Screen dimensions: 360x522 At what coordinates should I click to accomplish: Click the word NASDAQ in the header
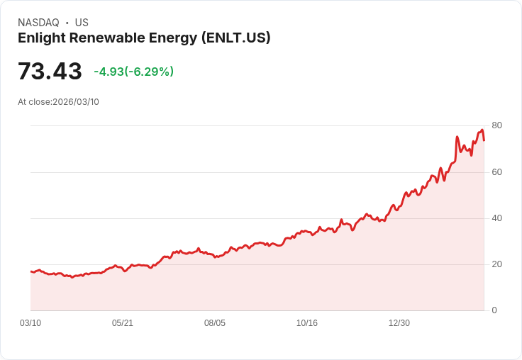(x=38, y=23)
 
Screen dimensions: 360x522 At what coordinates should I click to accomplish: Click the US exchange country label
(x=82, y=23)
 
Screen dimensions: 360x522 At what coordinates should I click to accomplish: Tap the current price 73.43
(x=50, y=72)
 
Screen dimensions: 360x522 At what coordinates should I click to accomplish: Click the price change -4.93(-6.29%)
(x=133, y=72)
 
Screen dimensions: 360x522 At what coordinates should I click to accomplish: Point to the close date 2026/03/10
(x=76, y=102)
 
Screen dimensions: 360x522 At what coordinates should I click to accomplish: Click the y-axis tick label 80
(x=496, y=125)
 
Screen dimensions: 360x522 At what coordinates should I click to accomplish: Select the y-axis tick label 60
(x=496, y=172)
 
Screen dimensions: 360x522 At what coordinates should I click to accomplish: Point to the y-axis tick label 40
(x=496, y=218)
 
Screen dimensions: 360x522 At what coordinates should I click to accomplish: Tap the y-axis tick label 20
(x=496, y=264)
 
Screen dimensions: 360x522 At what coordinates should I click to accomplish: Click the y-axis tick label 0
(x=494, y=310)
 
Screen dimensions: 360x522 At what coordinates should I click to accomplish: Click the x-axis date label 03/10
(x=30, y=323)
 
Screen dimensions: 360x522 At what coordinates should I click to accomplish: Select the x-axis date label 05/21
(x=123, y=323)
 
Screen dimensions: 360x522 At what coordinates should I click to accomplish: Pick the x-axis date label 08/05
(x=215, y=323)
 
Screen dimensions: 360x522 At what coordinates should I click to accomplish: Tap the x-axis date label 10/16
(x=307, y=323)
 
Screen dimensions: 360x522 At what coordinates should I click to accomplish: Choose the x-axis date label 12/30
(x=399, y=323)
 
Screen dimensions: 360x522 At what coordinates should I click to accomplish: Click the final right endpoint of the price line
(x=484, y=140)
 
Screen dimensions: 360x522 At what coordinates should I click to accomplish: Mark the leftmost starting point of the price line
(x=30, y=271)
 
